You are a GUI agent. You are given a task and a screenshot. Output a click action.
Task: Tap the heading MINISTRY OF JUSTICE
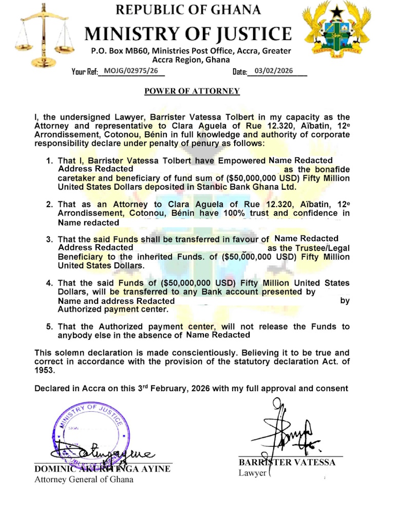click(188, 33)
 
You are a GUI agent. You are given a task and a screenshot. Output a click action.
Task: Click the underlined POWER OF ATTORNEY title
click(192, 91)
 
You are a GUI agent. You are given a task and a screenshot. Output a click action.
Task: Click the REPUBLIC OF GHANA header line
click(188, 10)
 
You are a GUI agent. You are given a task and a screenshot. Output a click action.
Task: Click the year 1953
click(45, 370)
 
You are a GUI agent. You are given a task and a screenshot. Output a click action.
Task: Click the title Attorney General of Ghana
click(84, 480)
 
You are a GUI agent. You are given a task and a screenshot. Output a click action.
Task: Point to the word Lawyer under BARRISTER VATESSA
click(252, 473)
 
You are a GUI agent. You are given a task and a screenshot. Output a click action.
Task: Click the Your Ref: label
click(85, 72)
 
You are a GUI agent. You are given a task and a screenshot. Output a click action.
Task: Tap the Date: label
click(240, 72)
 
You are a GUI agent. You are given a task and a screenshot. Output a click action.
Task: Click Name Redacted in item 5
click(218, 335)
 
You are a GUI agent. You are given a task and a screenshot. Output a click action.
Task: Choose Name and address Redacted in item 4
click(116, 301)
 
